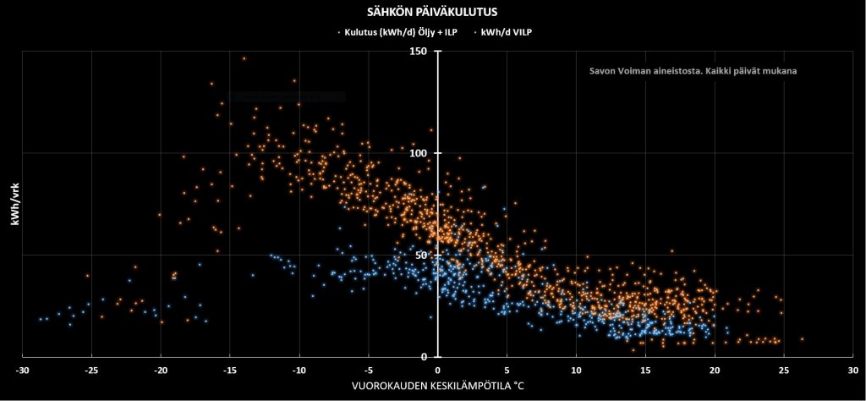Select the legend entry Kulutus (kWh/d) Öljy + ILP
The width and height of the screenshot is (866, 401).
(x=401, y=31)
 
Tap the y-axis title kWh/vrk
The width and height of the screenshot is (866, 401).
(x=14, y=203)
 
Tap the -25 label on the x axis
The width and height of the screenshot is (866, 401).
(x=91, y=371)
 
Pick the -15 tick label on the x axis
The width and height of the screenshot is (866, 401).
(x=230, y=371)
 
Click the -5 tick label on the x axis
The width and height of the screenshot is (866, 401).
(x=368, y=371)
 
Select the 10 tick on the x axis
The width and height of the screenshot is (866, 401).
(x=576, y=371)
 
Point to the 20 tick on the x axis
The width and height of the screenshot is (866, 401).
(x=715, y=371)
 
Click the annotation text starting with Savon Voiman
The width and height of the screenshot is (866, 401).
(x=693, y=71)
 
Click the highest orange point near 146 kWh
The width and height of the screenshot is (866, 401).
(x=244, y=59)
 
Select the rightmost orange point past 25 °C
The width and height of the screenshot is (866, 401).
(x=802, y=338)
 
